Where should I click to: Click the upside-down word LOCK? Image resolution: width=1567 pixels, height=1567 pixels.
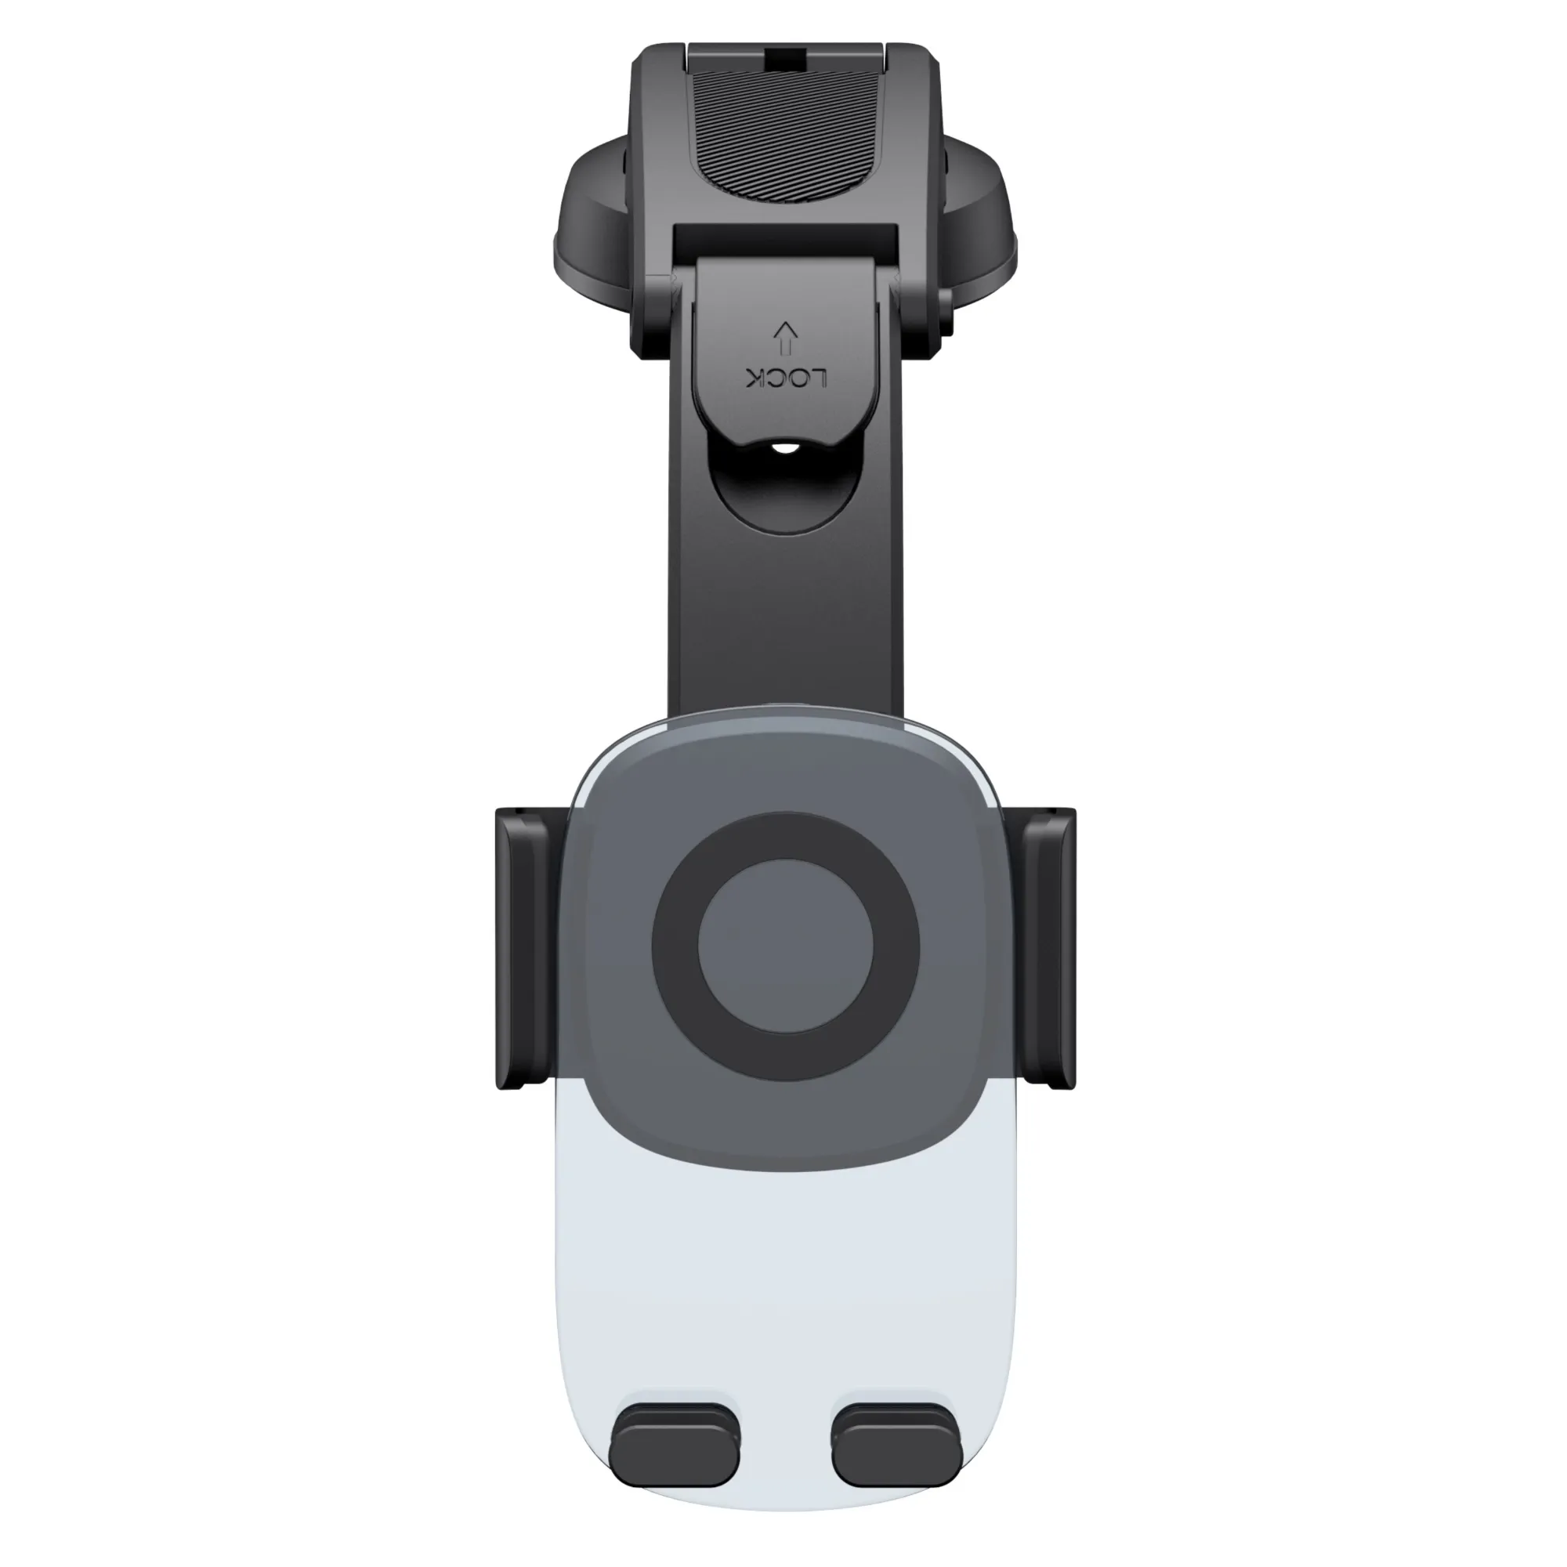[x=786, y=378]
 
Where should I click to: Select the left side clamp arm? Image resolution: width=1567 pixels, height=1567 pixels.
[x=527, y=948]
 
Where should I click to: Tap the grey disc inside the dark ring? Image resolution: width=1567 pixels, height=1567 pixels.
[x=786, y=948]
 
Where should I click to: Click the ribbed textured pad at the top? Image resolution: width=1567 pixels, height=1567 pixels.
[x=786, y=155]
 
